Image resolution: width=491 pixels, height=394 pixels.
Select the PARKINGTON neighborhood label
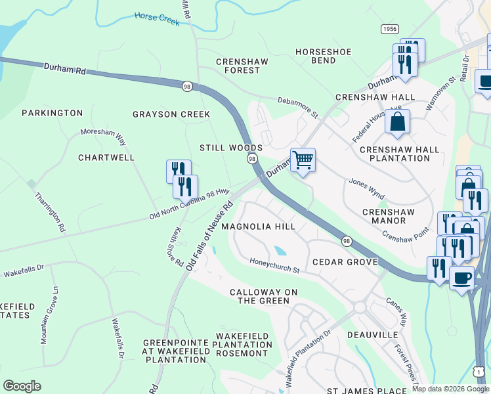(x=53, y=113)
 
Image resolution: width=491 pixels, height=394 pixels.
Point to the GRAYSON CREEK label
(x=171, y=114)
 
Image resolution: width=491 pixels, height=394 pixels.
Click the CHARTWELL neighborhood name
(x=106, y=158)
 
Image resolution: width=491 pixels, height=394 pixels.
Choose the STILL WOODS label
(x=232, y=148)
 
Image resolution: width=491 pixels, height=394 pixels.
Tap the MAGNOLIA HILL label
(x=258, y=226)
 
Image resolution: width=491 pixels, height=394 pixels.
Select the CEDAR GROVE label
(x=345, y=262)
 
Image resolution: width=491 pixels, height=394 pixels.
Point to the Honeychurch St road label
(x=274, y=266)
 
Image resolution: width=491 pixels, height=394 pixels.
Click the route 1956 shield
(x=389, y=30)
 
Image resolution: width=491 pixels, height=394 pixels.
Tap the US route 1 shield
(x=480, y=372)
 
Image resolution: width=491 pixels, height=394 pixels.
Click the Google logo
(x=22, y=385)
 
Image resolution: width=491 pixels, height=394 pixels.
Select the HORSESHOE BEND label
(x=324, y=56)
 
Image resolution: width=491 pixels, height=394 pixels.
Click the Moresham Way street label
(x=102, y=133)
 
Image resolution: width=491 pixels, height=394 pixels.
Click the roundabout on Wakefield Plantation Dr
(x=360, y=307)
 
